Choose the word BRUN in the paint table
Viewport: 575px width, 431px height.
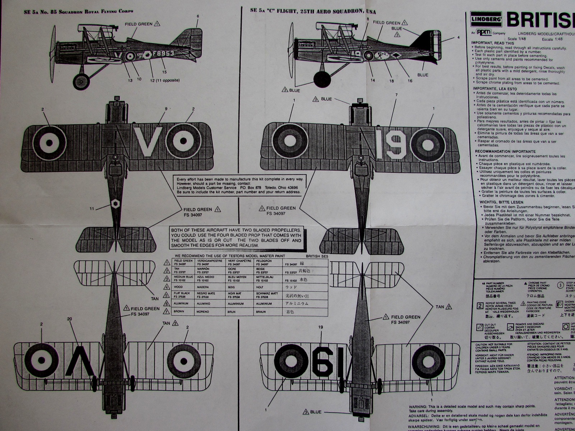point(231,312)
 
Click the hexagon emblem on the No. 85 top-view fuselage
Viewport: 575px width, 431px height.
point(115,203)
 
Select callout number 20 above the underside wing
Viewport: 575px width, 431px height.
point(70,319)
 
